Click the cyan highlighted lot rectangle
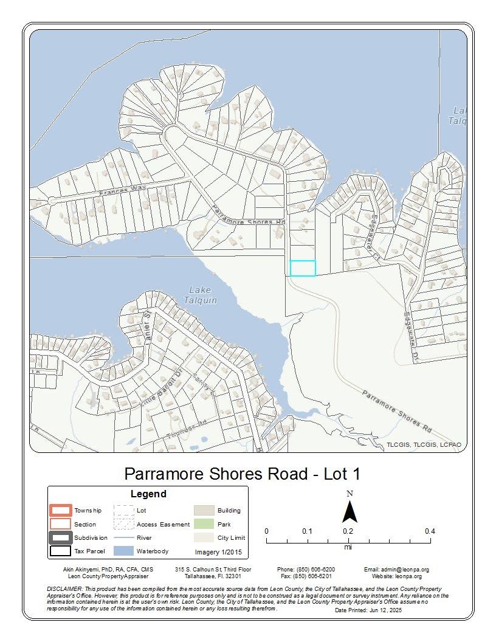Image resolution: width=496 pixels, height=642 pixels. tap(303, 268)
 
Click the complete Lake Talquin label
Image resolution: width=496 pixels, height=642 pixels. tap(202, 295)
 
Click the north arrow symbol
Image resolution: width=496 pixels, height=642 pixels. tap(349, 511)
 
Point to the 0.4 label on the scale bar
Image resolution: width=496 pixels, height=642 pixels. tap(430, 531)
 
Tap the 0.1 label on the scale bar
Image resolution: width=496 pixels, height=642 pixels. tap(307, 531)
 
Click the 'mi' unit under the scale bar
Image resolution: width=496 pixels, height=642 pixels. tap(348, 547)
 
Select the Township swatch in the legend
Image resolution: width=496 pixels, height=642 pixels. tap(61, 510)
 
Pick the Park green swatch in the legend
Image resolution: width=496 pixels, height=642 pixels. tap(204, 524)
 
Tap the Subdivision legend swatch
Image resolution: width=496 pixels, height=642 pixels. tap(61, 537)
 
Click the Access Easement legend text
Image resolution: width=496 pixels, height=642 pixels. tap(163, 524)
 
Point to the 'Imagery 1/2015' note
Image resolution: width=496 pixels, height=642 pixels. tap(218, 552)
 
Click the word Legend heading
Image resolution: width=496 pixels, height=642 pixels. tap(148, 494)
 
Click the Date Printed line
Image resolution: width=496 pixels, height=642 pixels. tap(368, 610)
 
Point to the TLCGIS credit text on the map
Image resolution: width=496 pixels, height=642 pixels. tap(424, 445)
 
